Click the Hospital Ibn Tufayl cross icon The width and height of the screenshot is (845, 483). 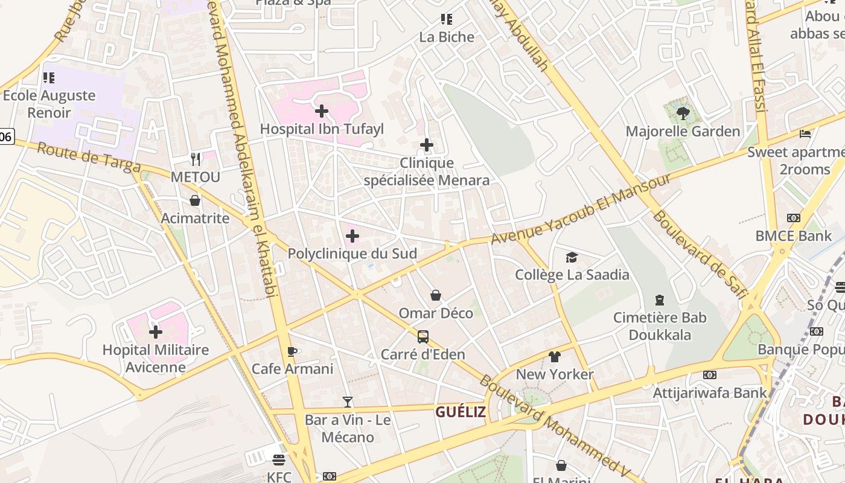[322, 111]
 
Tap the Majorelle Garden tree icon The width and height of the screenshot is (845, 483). [683, 113]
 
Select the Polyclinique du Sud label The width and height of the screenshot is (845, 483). [352, 254]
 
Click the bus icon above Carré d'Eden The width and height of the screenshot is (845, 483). [423, 336]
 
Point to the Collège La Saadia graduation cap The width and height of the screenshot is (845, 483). [572, 258]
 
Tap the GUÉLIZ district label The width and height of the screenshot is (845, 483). [461, 412]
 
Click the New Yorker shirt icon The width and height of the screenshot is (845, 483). [555, 357]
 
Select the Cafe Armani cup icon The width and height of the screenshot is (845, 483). [293, 351]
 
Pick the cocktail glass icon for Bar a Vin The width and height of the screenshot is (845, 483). [348, 401]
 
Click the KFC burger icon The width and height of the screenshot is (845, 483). [278, 460]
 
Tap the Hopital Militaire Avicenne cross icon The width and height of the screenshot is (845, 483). [156, 332]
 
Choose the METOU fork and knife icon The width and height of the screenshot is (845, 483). [195, 159]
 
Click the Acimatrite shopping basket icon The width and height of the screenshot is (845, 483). [195, 200]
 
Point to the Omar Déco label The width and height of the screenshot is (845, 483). [436, 313]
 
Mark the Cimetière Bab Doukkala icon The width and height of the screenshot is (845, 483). [660, 300]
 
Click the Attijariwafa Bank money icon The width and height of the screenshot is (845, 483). [710, 375]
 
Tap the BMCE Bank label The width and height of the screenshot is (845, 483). [794, 235]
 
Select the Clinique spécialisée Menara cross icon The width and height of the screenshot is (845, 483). [427, 145]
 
